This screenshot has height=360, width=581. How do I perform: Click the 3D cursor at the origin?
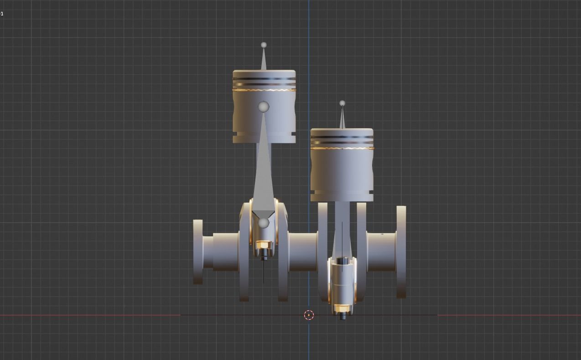pos(309,315)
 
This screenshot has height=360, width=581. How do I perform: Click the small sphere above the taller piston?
pos(264,45)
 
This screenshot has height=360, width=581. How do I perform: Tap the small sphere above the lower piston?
pos(342,103)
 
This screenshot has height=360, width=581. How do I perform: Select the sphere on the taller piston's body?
pos(264,107)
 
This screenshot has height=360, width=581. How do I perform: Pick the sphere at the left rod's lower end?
pos(264,223)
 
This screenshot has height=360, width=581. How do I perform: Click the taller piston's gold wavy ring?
pos(264,90)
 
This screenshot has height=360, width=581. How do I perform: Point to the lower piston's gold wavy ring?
pos(342,148)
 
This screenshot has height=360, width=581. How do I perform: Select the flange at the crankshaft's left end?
pos(198,251)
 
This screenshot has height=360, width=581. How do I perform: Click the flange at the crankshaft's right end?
pos(401,251)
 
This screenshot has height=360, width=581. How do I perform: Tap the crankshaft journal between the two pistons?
pos(303,251)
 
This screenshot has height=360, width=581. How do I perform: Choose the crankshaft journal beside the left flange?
pos(225,251)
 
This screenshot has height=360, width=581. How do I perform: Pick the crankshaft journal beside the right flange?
pos(381,251)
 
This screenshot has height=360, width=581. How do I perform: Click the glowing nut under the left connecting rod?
pos(263,245)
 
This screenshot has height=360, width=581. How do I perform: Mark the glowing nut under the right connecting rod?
pos(342,308)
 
